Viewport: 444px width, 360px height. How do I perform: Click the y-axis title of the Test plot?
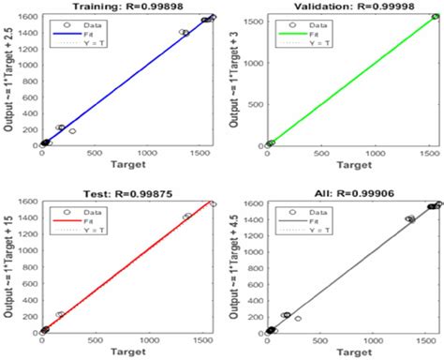pyautogui.click(x=8, y=264)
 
